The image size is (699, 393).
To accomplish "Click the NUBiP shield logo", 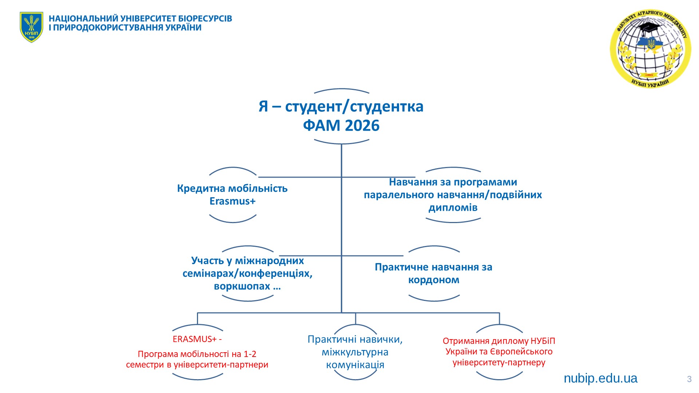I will click(x=31, y=27).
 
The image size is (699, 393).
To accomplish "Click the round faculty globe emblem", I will click(x=650, y=49).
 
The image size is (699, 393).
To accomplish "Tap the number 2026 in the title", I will click(x=362, y=126).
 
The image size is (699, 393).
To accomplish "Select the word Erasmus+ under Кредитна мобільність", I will click(x=233, y=201).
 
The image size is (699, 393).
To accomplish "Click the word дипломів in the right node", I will click(x=453, y=208).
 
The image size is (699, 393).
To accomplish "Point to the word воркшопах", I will click(x=242, y=286).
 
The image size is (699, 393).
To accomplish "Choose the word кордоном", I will click(x=434, y=280).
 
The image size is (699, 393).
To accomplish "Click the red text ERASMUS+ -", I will click(x=197, y=339).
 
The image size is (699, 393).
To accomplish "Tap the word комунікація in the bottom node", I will click(x=355, y=365).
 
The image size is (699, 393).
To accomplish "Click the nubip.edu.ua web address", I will click(x=600, y=378).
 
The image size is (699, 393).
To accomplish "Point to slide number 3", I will click(x=689, y=379).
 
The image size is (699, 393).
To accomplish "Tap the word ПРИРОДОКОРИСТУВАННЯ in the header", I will click(x=108, y=28).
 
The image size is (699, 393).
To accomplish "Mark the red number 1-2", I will click(x=249, y=354).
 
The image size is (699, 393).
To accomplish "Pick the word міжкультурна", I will click(x=355, y=352).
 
